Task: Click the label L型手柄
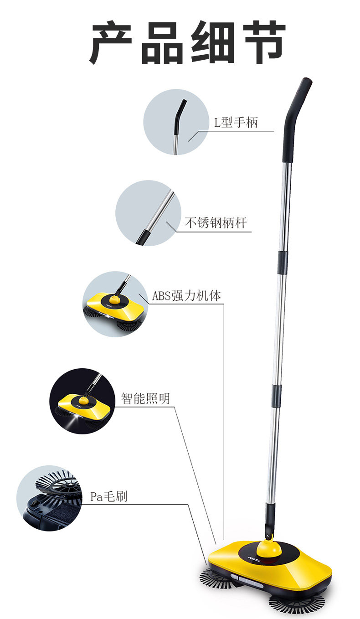coord(236,122)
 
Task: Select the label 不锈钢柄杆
coord(216,223)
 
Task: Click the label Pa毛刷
coord(108,496)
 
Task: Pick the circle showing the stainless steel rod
coord(148,213)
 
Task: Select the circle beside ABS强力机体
coord(115,304)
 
